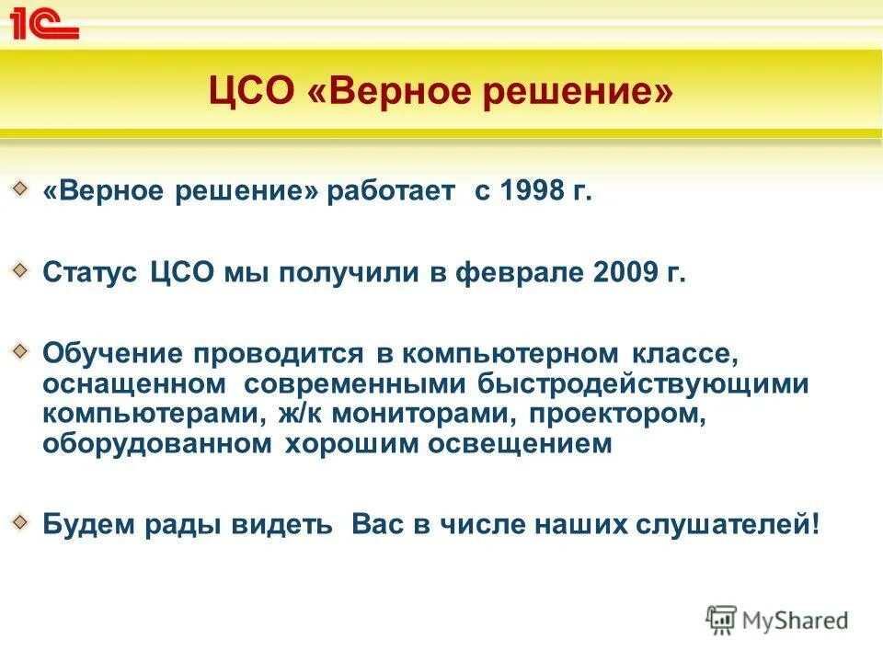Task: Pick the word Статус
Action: point(90,273)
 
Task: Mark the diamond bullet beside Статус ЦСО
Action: point(19,269)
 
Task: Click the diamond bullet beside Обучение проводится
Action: point(19,349)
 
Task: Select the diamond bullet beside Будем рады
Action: point(19,521)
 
